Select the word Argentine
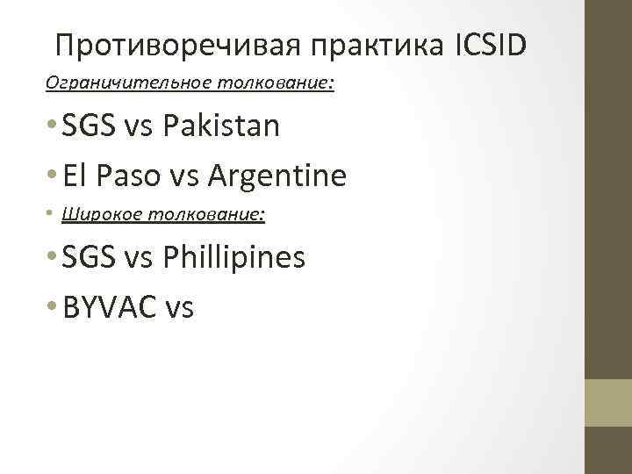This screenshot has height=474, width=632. coord(277,176)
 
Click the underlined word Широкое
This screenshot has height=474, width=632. coord(96,215)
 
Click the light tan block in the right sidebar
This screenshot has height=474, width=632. coord(609,403)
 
